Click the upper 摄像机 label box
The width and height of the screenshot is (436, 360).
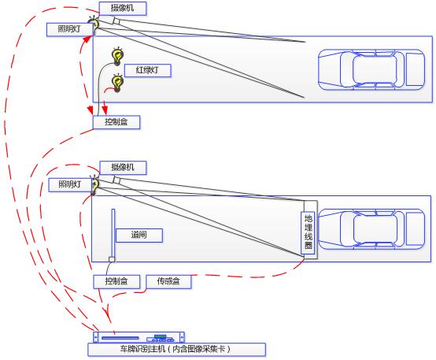coord(123,9)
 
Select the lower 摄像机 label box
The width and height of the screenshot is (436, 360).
coord(123,168)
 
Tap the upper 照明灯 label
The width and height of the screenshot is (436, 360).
coord(69,29)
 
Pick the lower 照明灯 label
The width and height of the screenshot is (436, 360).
coord(70,185)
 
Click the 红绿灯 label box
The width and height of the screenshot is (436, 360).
coord(148,70)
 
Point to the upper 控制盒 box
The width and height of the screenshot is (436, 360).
coord(116,122)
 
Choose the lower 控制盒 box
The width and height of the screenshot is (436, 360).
coord(116,281)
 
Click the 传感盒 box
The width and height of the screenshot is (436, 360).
coord(168,281)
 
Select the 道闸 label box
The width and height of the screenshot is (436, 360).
coord(139,236)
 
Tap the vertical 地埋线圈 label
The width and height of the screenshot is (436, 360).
coord(308,232)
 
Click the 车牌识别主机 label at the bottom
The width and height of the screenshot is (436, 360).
coord(176,350)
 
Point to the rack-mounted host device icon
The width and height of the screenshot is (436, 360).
coord(139,337)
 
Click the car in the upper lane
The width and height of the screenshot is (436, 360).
coord(371,69)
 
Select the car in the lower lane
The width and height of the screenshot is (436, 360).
coord(371,229)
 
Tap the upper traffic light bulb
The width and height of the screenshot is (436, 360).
coord(117,56)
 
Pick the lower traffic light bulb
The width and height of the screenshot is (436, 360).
coord(117,83)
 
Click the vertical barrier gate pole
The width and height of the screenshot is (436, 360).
coord(113,233)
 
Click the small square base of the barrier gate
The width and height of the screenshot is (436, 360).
coord(112,259)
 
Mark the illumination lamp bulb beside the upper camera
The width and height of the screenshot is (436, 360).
coord(94,24)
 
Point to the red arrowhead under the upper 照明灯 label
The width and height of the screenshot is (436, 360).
coord(87,39)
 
